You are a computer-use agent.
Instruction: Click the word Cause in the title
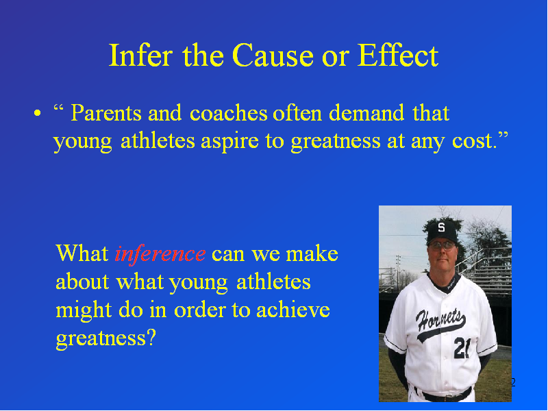(x=273, y=55)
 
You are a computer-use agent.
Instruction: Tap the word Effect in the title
(x=398, y=55)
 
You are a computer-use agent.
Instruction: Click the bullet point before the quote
(x=38, y=113)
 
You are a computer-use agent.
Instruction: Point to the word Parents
(x=106, y=113)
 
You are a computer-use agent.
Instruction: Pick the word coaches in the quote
(x=229, y=113)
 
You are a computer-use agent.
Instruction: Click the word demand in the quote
(x=366, y=113)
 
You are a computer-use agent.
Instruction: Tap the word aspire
(x=229, y=142)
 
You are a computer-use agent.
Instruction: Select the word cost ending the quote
(x=474, y=141)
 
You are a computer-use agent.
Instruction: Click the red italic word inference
(x=160, y=253)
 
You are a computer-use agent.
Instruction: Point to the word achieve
(x=293, y=310)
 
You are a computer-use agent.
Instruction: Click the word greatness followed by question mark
(x=101, y=338)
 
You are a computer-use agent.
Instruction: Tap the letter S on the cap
(x=441, y=227)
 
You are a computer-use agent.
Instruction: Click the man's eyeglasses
(x=442, y=245)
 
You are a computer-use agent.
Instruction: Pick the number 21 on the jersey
(x=462, y=348)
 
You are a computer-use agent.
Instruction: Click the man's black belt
(x=443, y=395)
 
